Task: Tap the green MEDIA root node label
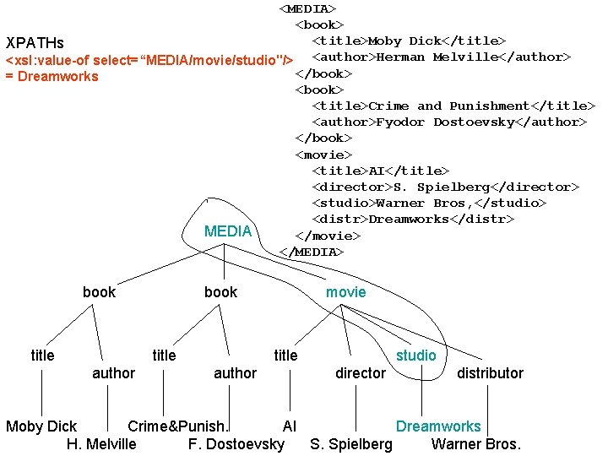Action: click(228, 231)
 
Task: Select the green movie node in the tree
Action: click(346, 292)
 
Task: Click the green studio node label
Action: click(416, 356)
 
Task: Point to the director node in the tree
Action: click(360, 373)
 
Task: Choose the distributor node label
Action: click(490, 373)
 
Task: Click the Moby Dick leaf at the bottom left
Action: click(41, 426)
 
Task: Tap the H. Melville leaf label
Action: click(100, 443)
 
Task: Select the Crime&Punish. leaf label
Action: click(178, 426)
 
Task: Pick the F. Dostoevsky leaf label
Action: click(236, 443)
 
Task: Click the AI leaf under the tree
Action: click(290, 426)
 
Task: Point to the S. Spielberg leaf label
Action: click(351, 443)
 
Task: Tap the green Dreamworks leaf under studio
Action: click(438, 426)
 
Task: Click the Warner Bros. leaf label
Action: click(476, 443)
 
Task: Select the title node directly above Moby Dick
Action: click(42, 356)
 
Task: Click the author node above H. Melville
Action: click(113, 373)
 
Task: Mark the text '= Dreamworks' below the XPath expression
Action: click(52, 77)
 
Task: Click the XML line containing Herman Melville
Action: click(442, 57)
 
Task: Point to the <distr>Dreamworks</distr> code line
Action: click(413, 220)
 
